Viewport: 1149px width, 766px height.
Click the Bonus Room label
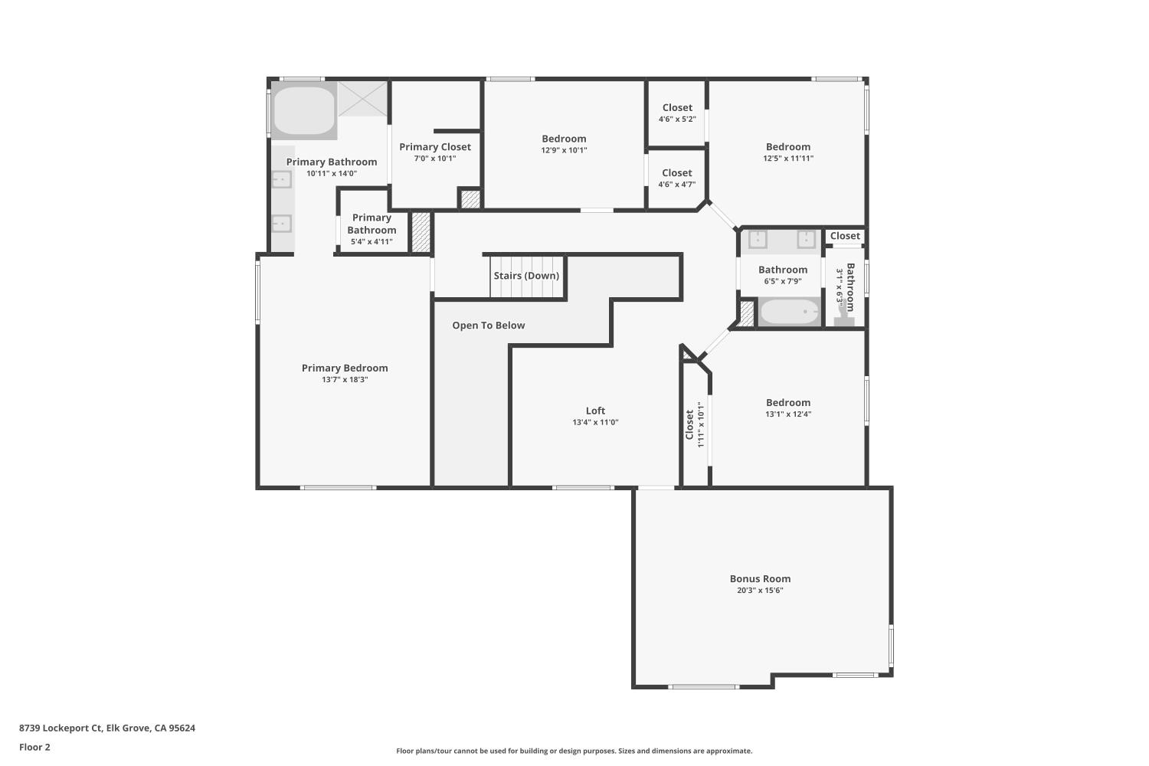(x=760, y=579)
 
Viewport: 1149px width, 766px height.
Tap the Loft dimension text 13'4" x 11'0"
(x=595, y=423)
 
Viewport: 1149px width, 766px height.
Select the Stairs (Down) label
(x=526, y=276)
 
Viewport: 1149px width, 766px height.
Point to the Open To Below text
(x=489, y=326)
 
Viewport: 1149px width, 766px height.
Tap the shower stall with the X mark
(x=363, y=99)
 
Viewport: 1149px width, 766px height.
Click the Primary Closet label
(x=435, y=147)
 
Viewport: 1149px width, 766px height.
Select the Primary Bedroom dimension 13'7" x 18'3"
(x=345, y=380)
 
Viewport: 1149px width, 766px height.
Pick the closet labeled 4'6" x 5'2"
(x=677, y=113)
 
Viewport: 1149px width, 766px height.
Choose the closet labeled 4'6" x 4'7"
(x=677, y=178)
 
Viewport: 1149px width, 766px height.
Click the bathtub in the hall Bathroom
(x=790, y=313)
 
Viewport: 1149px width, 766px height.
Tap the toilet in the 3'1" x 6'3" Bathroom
(x=844, y=317)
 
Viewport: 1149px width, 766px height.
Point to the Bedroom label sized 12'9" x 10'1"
(x=564, y=139)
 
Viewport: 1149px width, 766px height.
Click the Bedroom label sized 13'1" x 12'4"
(x=788, y=403)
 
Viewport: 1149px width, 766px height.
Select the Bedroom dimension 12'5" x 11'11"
(x=788, y=159)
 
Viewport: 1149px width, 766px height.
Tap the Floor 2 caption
(x=34, y=748)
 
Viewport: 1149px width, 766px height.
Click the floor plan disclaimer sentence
(x=574, y=751)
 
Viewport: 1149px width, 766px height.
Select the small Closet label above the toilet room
(x=845, y=236)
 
